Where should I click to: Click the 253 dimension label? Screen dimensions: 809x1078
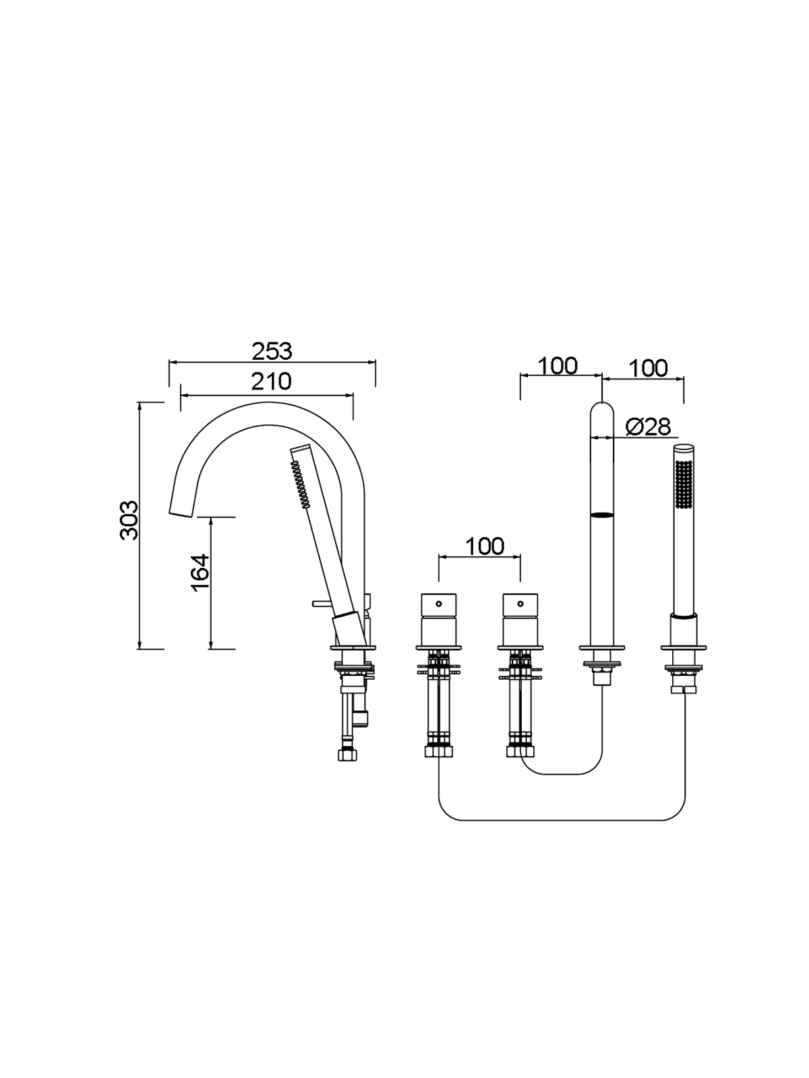tap(272, 351)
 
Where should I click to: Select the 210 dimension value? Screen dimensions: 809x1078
tap(271, 381)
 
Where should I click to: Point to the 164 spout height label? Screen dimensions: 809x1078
tap(200, 573)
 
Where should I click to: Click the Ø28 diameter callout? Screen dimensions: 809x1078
tap(649, 426)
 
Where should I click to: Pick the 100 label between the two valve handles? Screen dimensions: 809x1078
tap(484, 546)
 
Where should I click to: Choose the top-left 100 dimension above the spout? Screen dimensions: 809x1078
tap(558, 365)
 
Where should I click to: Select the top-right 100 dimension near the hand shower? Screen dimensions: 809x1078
tap(649, 368)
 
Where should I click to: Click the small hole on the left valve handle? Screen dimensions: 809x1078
tap(439, 603)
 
